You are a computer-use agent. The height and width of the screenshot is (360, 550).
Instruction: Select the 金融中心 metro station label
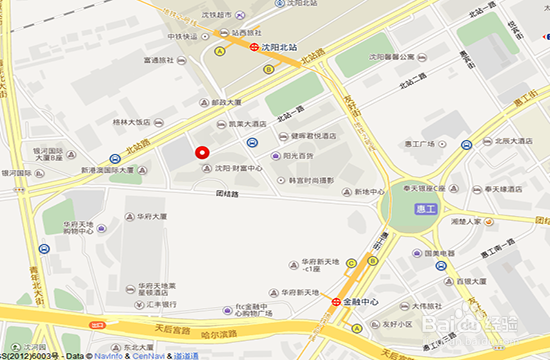[x=362, y=299]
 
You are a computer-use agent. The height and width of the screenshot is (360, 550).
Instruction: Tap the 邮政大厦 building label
[x=227, y=102]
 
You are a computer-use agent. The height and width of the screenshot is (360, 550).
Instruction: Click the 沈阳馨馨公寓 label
[x=394, y=58]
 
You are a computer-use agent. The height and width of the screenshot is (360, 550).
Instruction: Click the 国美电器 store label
[x=441, y=254]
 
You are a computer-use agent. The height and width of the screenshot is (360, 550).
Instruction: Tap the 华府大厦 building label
[x=151, y=216]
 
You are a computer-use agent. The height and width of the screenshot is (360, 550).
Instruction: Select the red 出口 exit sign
[x=98, y=325]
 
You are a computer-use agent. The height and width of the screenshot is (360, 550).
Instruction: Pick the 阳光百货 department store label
[x=298, y=156]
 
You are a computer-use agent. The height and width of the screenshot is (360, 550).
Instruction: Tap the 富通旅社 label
[x=159, y=60]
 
